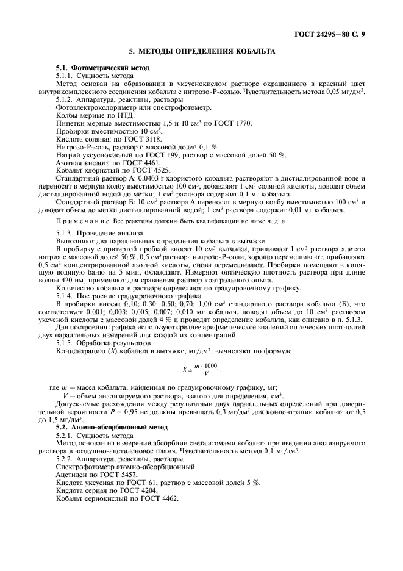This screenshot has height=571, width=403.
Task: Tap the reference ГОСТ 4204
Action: tap(140, 490)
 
